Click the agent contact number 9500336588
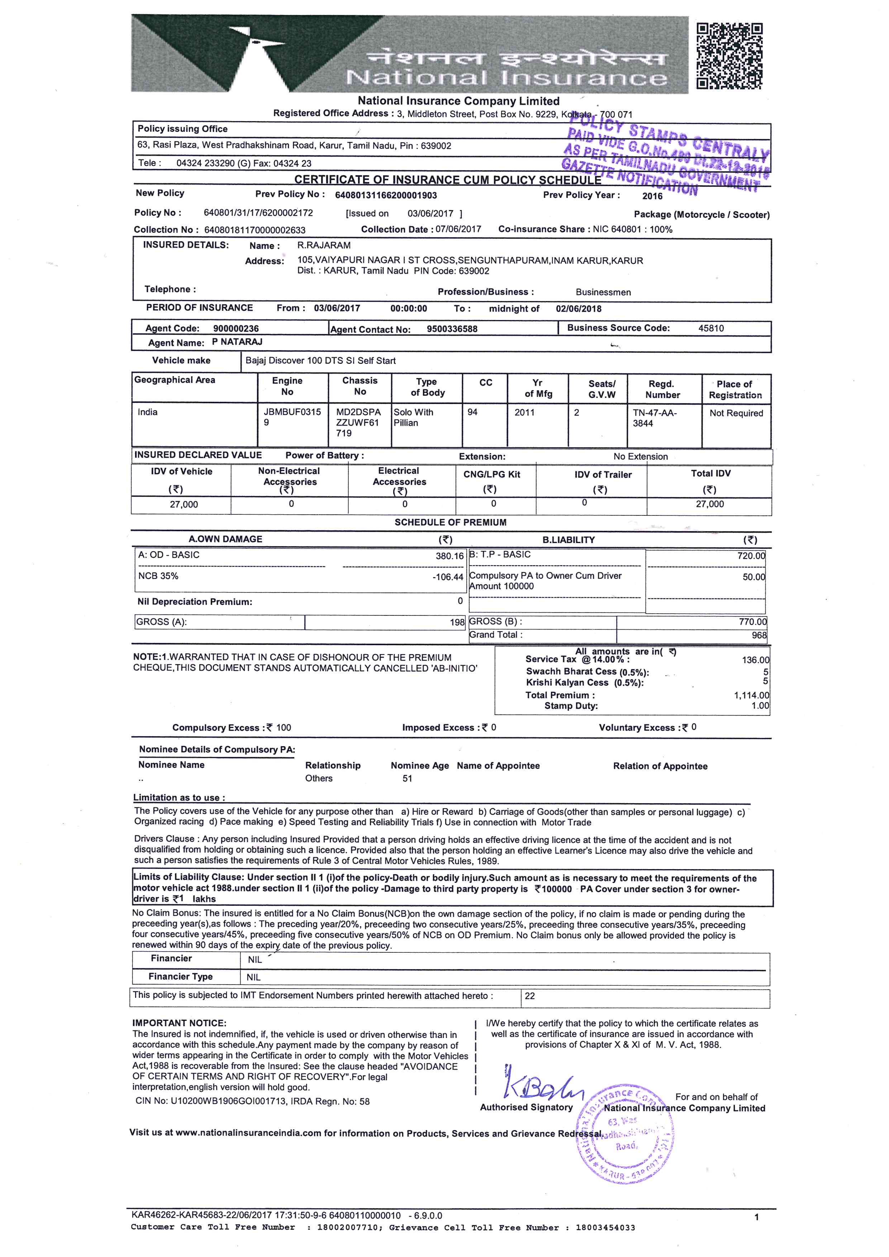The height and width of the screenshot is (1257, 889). pos(452,329)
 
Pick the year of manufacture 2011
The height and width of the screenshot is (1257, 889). pos(524,412)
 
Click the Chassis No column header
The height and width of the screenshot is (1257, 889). pos(360,386)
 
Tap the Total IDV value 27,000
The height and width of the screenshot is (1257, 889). pos(709,504)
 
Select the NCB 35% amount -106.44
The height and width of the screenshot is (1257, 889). pos(448,577)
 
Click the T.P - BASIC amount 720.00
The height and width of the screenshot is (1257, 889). pos(751,556)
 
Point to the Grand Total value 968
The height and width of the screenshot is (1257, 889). pos(759,635)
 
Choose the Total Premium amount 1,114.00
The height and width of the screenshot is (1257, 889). pos(751,695)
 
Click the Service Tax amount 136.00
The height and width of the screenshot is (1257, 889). pos(755,660)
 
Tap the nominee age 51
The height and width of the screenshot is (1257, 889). pos(407,779)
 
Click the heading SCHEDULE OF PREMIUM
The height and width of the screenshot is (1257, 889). pos(451,522)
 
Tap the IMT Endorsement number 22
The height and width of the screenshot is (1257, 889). pos(530,996)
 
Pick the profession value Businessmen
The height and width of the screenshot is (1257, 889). pos(603,292)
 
